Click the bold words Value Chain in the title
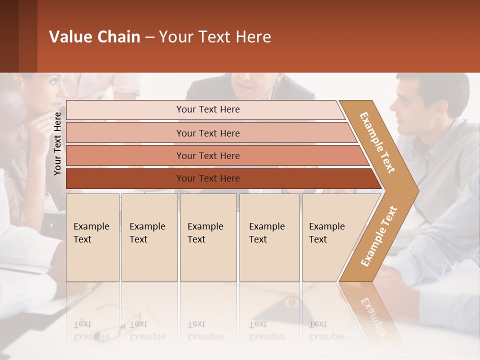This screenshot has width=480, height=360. (x=94, y=37)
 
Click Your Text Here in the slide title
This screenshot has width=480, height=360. (x=215, y=37)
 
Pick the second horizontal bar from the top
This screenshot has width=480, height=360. (x=207, y=133)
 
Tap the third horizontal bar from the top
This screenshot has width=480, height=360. (x=207, y=155)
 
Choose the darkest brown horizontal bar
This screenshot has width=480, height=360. (x=207, y=178)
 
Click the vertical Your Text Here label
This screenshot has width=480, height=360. (x=57, y=144)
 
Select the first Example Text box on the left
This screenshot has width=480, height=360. (x=92, y=237)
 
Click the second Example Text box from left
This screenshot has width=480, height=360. (x=149, y=237)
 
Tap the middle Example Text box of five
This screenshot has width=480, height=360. (x=208, y=237)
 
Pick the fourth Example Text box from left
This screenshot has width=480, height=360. (x=269, y=237)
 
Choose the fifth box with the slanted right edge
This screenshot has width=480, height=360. (x=330, y=237)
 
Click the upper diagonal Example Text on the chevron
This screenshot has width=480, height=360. (x=378, y=142)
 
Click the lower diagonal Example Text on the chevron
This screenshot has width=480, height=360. (x=379, y=236)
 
